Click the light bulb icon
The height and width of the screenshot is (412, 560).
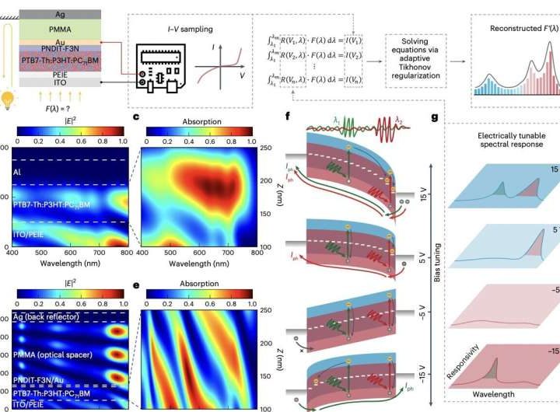[10, 100]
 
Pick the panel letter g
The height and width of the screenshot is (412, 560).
[434, 117]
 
